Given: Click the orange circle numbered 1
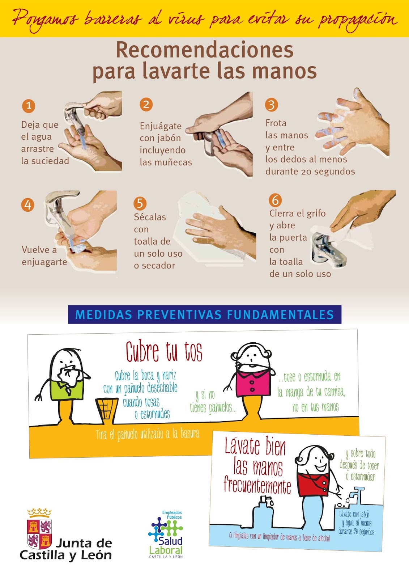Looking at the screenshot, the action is [29, 106].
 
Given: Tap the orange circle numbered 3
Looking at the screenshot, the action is [271, 105].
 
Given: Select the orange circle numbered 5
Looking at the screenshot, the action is [140, 203].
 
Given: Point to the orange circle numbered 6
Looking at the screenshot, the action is [276, 200].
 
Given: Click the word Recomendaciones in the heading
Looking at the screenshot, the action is [205, 50].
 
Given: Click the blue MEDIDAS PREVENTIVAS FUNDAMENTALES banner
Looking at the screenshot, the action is [205, 314].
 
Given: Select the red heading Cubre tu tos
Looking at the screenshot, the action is [164, 352].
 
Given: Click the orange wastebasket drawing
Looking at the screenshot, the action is [106, 411].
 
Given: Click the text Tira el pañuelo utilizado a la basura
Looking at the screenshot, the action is [147, 435].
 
